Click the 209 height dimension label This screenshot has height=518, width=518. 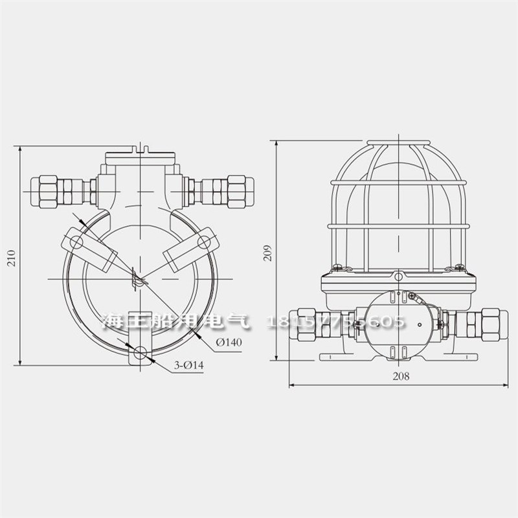click(268, 251)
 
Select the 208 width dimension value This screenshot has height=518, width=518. click(401, 376)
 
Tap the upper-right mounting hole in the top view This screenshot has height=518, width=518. click(203, 243)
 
